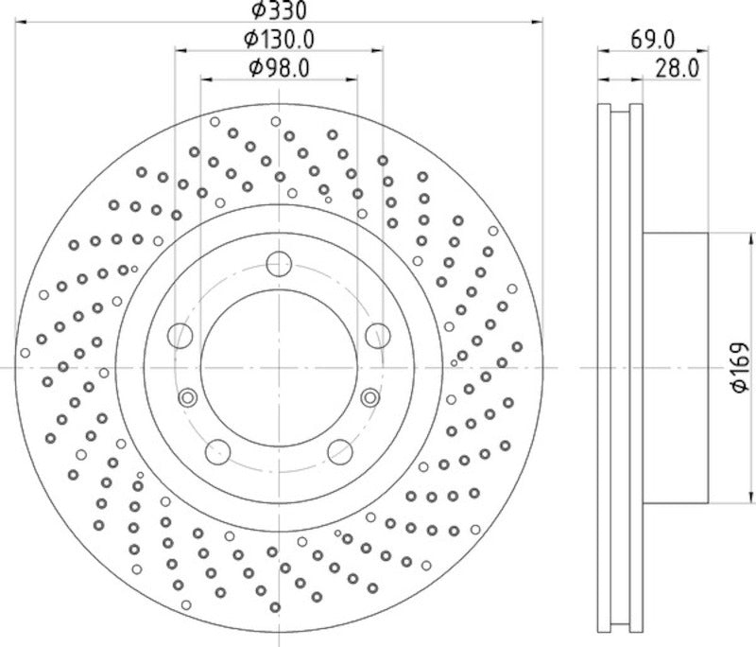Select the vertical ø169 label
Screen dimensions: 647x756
tap(739, 367)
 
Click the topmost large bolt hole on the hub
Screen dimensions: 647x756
tap(279, 263)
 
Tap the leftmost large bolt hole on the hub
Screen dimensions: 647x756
tap(179, 335)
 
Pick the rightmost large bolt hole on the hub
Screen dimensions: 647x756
tap(379, 335)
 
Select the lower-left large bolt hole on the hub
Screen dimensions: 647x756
tap(217, 452)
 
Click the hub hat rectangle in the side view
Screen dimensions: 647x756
tap(675, 367)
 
